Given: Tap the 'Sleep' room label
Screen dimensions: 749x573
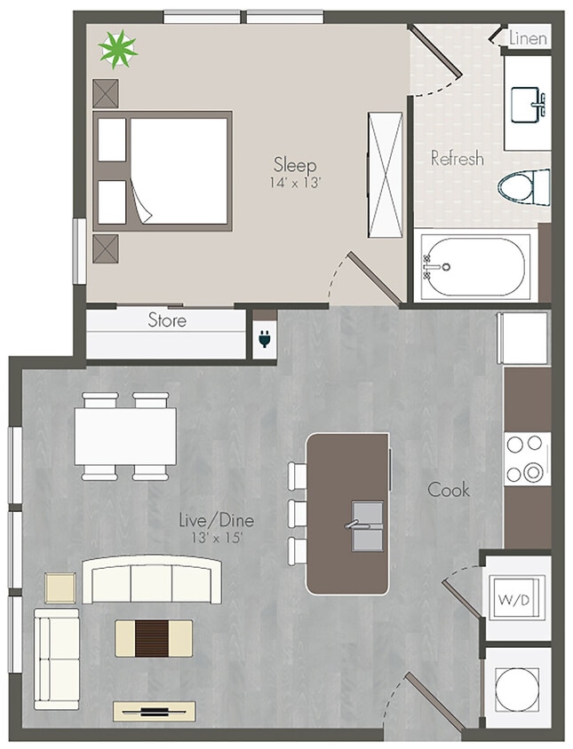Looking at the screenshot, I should click(295, 164).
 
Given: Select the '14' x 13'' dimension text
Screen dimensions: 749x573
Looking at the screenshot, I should click(295, 183).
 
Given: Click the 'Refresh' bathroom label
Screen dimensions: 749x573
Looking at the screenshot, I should click(457, 159).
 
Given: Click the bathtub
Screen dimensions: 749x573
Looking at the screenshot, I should click(474, 266).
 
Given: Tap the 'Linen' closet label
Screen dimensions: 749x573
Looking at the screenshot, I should click(529, 38).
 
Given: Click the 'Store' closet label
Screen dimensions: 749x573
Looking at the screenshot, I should click(167, 319).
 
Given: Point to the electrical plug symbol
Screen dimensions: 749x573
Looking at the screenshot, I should click(264, 338).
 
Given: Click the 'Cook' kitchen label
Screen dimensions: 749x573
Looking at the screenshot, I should click(449, 489).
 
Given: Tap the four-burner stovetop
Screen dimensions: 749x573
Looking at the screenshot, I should click(527, 459).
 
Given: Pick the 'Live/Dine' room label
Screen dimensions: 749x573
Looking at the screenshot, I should click(211, 519).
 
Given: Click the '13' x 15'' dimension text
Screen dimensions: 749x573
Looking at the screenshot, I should click(211, 537).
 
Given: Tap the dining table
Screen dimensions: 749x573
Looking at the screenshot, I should click(125, 435).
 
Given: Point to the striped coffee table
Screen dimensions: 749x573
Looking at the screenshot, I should click(154, 637).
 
